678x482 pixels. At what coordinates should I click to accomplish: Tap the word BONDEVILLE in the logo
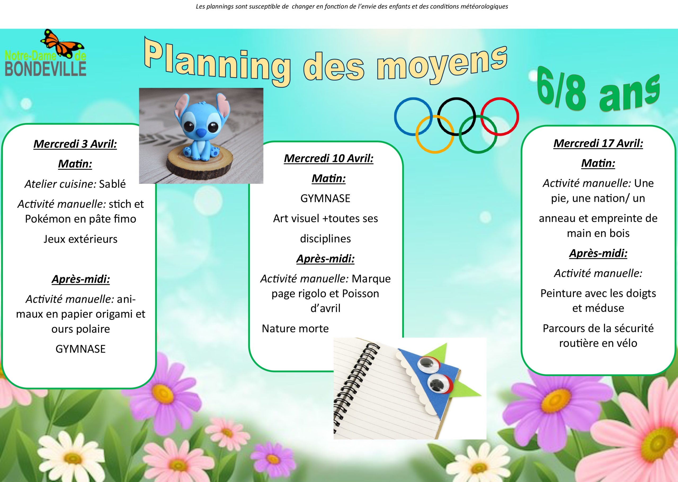click(46, 68)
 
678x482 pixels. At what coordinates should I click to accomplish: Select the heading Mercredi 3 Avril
click(75, 144)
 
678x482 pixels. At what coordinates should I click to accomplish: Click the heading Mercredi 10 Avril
click(328, 158)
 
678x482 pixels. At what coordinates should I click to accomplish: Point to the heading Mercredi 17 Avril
click(598, 144)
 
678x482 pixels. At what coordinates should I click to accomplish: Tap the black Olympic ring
click(457, 98)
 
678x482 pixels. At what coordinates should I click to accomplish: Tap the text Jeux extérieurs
click(81, 239)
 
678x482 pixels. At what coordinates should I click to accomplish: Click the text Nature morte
click(295, 329)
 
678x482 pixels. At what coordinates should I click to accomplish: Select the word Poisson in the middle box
click(360, 293)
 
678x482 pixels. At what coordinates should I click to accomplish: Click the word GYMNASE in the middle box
click(325, 199)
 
